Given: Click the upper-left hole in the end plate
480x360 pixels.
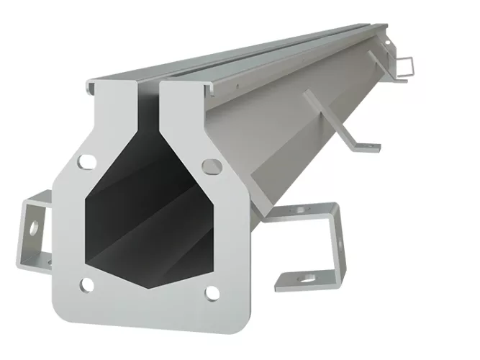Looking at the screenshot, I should tap(86, 160).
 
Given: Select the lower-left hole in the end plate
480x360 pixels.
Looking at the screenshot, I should tap(86, 285).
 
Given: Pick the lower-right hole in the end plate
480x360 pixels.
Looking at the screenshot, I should tap(212, 292).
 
